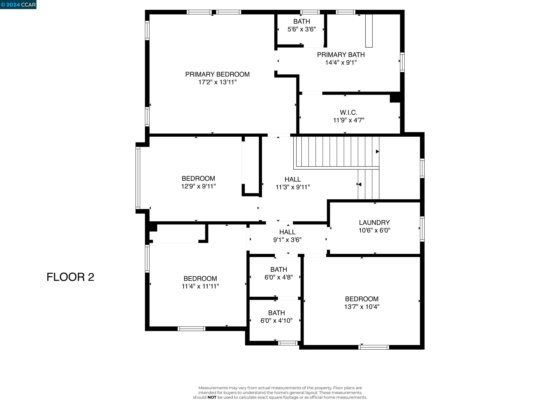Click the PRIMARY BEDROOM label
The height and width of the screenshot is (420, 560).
coord(217,74)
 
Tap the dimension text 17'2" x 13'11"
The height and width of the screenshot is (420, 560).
coord(217,82)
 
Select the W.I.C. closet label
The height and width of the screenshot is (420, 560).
coord(348,112)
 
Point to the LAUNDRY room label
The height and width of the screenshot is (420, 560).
coord(374,223)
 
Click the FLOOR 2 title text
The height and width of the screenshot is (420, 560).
coord(70,277)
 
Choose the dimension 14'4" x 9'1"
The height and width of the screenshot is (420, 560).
coord(341,63)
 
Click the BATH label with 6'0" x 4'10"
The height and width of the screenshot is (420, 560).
coord(277,313)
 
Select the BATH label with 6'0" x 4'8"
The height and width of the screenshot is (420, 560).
coord(279,269)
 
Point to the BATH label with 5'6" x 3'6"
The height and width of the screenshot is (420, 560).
coord(302,22)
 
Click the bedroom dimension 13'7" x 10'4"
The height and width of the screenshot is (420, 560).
coord(361,307)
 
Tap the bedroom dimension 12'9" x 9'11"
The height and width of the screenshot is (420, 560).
coord(198,186)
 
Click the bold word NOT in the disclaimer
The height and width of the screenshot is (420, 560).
coord(212,397)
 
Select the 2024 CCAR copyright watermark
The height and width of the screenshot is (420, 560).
coord(18,5)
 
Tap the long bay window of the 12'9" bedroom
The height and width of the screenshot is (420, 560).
coord(138,178)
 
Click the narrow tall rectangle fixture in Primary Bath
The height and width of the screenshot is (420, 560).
coord(369,31)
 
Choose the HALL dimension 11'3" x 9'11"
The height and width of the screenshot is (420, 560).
coord(293,187)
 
